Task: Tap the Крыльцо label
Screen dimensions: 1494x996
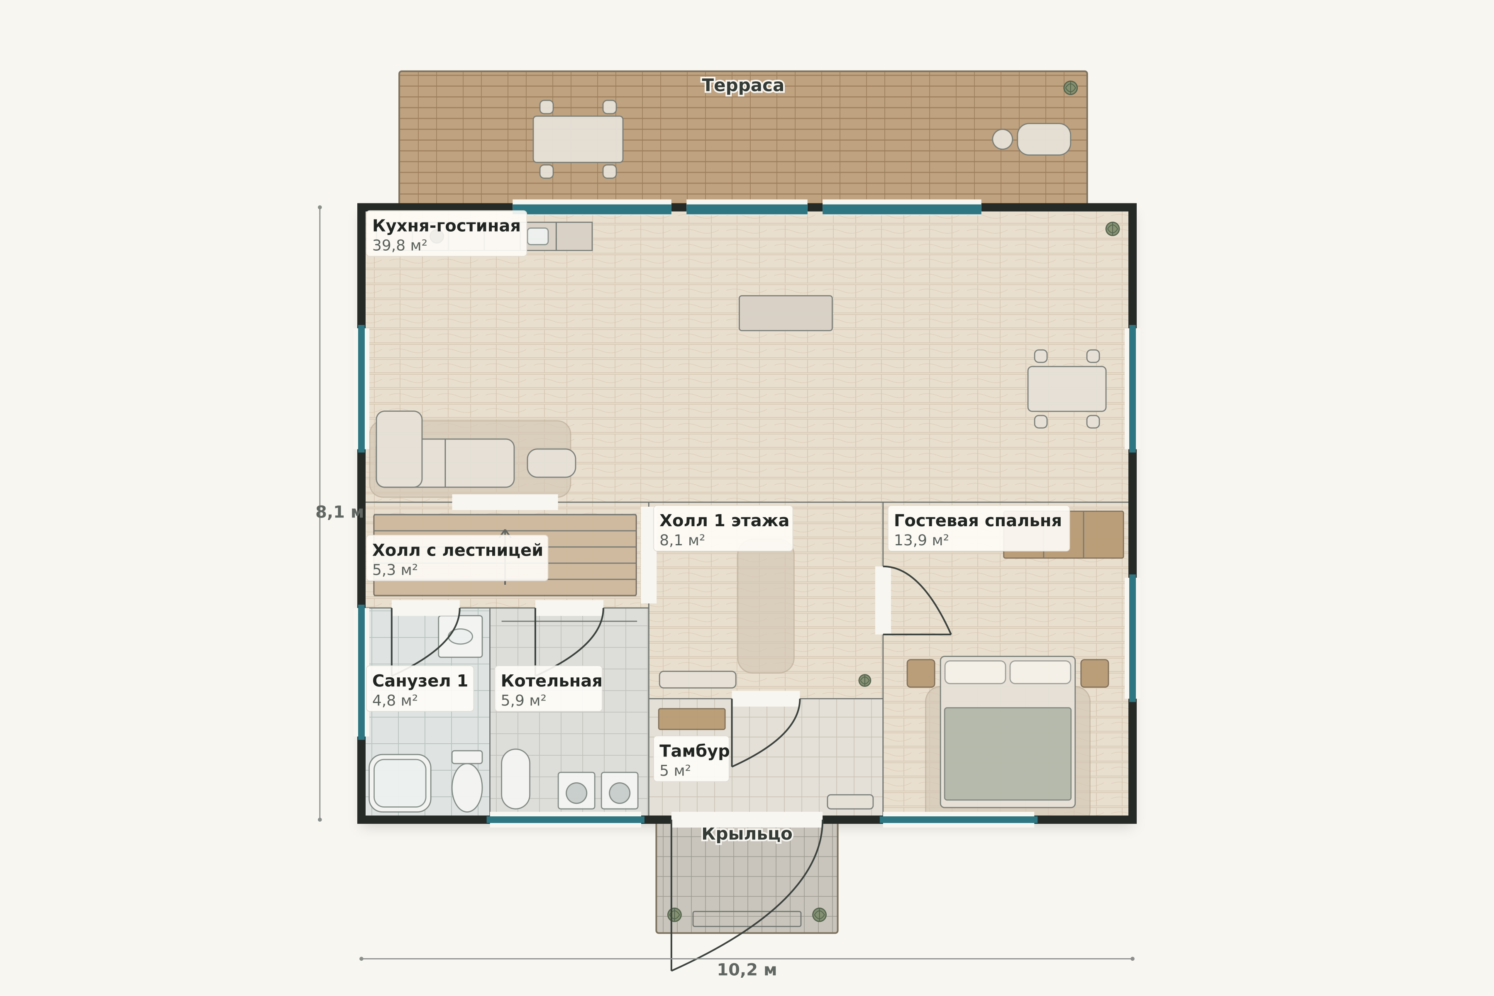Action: click(x=747, y=834)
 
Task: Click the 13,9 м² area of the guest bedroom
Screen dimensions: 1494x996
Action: click(x=921, y=541)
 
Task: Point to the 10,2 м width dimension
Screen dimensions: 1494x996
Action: click(x=747, y=970)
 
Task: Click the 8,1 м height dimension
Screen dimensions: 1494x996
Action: click(x=339, y=512)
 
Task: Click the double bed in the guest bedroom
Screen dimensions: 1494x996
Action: click(x=1008, y=732)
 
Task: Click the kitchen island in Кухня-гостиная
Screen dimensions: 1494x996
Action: click(x=786, y=313)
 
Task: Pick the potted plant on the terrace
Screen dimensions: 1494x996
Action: click(x=1070, y=88)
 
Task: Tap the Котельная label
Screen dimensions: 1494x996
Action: click(x=551, y=681)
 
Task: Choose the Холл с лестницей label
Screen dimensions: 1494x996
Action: click(x=457, y=550)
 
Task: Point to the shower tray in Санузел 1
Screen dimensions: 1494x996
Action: click(x=400, y=783)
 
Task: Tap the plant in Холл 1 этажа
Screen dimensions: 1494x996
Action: click(x=864, y=680)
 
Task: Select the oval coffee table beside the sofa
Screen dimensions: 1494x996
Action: click(x=552, y=463)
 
